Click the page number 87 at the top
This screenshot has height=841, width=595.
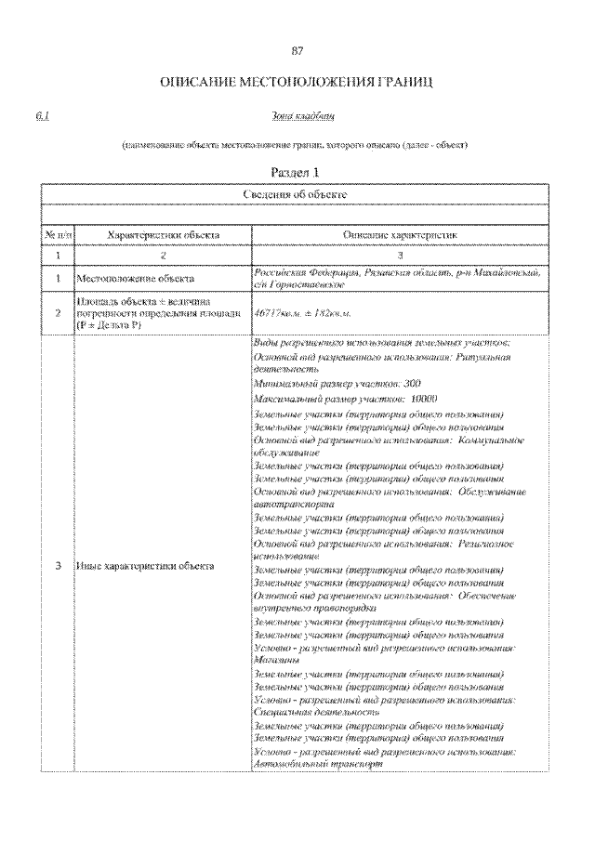point(297,50)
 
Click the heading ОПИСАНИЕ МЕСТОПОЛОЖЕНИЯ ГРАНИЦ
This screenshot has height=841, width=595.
point(297,85)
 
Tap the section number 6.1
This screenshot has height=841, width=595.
point(43,117)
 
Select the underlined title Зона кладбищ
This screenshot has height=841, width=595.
point(297,117)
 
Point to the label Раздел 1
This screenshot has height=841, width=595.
point(297,173)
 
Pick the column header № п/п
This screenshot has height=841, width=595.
point(58,236)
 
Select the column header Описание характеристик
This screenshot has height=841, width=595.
point(401,236)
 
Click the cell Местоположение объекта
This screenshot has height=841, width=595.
point(136,278)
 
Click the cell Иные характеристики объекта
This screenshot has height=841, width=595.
point(146,565)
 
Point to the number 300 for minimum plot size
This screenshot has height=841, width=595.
point(413,383)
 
